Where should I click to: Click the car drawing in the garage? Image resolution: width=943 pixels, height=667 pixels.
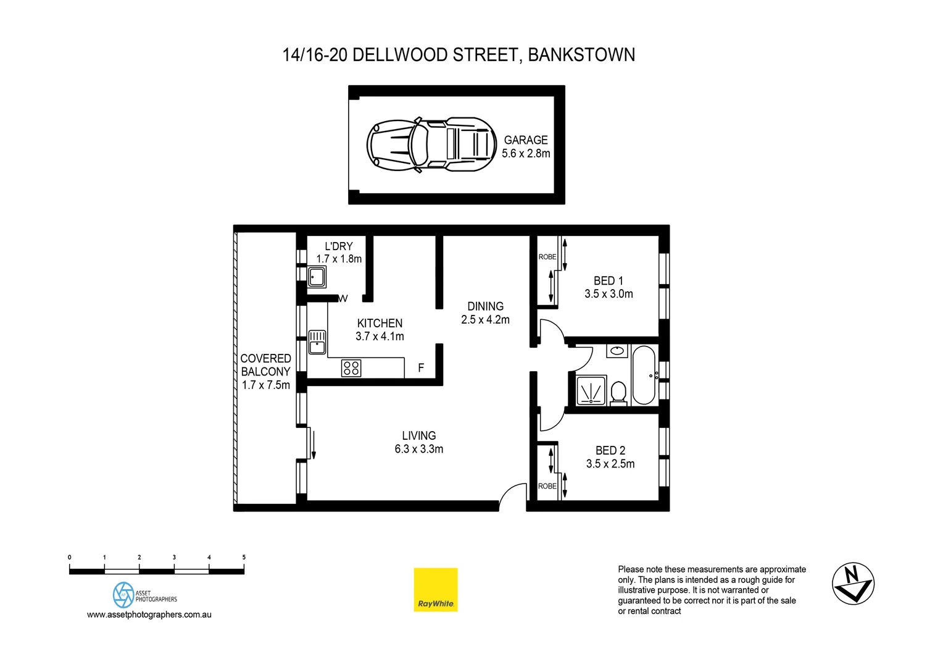tap(431, 145)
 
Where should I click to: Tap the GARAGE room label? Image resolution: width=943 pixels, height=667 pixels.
tap(526, 140)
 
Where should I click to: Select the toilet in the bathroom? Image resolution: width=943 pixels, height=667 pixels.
tap(618, 393)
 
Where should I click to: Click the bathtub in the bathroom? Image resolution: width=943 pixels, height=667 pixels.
tap(644, 375)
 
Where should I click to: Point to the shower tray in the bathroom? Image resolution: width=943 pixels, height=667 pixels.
tap(591, 390)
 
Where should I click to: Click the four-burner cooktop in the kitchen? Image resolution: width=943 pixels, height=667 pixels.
tap(351, 368)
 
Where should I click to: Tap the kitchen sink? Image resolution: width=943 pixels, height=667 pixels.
tap(317, 342)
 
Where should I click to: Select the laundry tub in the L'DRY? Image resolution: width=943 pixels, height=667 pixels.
tap(317, 277)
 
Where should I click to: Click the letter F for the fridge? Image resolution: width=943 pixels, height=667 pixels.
tap(421, 368)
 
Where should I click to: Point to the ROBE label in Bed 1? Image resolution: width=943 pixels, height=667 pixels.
tap(547, 257)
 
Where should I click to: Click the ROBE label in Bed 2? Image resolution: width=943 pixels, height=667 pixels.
tap(547, 486)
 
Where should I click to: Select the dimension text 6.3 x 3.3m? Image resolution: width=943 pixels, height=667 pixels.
tap(419, 449)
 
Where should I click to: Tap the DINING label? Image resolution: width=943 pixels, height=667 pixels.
tap(485, 306)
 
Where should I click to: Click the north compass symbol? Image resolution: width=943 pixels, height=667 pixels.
tap(853, 584)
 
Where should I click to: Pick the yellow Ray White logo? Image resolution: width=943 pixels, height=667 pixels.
tap(436, 590)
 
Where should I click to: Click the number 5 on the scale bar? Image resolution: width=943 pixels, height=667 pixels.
tap(244, 557)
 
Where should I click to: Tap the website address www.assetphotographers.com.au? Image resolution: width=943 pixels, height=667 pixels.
tap(149, 615)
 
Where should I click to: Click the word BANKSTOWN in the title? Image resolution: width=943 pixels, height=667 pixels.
tap(581, 55)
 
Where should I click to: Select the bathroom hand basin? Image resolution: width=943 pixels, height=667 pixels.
tap(617, 351)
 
